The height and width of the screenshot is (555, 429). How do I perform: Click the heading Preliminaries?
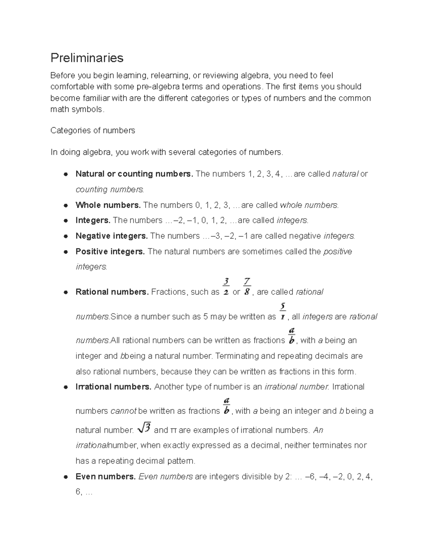(x=87, y=58)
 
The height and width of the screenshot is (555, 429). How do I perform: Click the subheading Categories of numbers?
(x=93, y=130)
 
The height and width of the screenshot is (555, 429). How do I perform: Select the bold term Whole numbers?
(x=108, y=205)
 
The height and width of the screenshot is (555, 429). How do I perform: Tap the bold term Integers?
(x=93, y=220)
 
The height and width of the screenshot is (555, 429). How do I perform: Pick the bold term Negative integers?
(x=112, y=236)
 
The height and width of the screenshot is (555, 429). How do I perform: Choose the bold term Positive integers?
(x=110, y=252)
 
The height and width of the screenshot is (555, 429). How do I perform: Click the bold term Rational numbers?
(x=112, y=292)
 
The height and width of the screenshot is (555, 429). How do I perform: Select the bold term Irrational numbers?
(x=113, y=387)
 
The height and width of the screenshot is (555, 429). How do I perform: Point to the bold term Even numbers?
(x=105, y=477)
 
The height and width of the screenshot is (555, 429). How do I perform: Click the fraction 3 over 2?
(x=226, y=287)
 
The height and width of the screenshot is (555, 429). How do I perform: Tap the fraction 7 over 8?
(x=247, y=287)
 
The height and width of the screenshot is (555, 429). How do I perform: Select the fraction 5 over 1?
(x=282, y=312)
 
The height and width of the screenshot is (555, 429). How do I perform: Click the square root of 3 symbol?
(x=144, y=428)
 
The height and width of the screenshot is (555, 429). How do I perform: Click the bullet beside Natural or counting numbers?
(x=66, y=174)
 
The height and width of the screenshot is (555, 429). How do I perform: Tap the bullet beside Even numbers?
(x=66, y=477)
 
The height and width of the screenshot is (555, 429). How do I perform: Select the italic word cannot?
(x=123, y=411)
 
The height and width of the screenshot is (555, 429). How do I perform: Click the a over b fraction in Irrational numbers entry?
(x=226, y=406)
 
